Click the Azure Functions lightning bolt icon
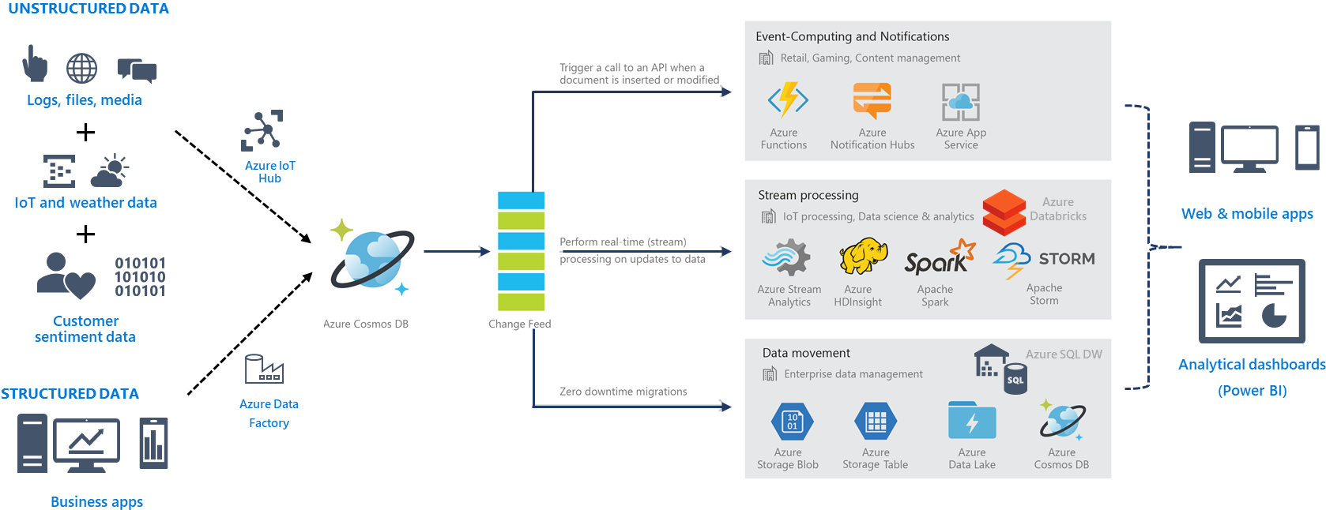tap(788, 100)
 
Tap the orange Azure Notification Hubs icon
tap(872, 101)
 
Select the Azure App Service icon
tap(960, 102)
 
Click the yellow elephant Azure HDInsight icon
tap(858, 258)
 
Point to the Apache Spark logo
tap(939, 259)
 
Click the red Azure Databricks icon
tap(1004, 212)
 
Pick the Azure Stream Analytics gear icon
tap(787, 259)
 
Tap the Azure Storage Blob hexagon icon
tap(792, 422)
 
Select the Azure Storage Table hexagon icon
tap(876, 422)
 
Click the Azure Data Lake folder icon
tap(972, 421)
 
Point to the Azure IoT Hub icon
tap(262, 130)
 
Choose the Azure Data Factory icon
tap(264, 369)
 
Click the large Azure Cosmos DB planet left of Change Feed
tap(371, 258)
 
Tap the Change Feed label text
tap(519, 324)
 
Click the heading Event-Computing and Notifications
tap(852, 36)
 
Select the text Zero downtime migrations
tap(623, 392)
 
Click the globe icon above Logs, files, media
tap(81, 69)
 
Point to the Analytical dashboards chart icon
tap(1252, 301)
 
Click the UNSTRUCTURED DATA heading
tap(89, 9)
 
